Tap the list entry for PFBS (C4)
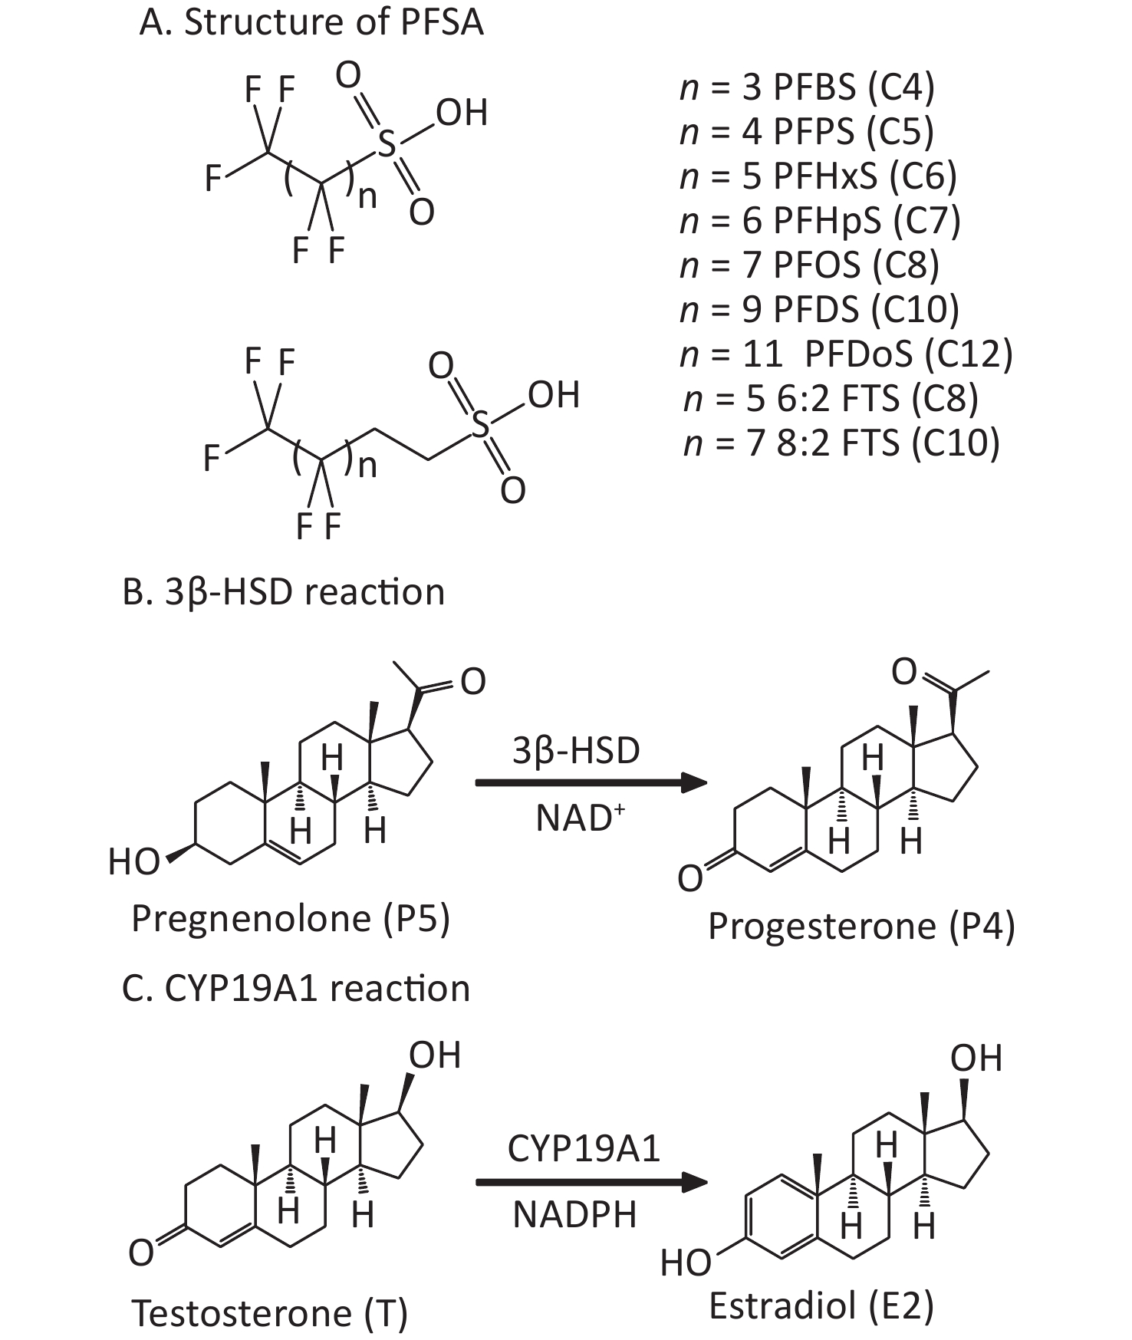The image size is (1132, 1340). (807, 88)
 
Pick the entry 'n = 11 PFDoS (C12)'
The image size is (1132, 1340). (846, 354)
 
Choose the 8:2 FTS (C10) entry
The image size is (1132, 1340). (841, 443)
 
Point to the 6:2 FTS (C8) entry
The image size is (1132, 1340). (831, 398)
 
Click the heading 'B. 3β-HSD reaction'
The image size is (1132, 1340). (284, 592)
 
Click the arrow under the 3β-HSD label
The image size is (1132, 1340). (591, 782)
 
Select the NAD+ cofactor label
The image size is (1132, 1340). (581, 818)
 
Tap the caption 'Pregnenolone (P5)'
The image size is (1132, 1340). (291, 918)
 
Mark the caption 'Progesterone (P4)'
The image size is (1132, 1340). (861, 926)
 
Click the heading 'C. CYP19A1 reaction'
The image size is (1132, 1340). (296, 988)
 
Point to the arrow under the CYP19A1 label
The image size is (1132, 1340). (591, 1182)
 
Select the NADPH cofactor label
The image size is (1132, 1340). (574, 1215)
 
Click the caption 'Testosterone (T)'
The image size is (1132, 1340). (270, 1313)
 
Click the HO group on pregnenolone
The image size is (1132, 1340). (133, 863)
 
